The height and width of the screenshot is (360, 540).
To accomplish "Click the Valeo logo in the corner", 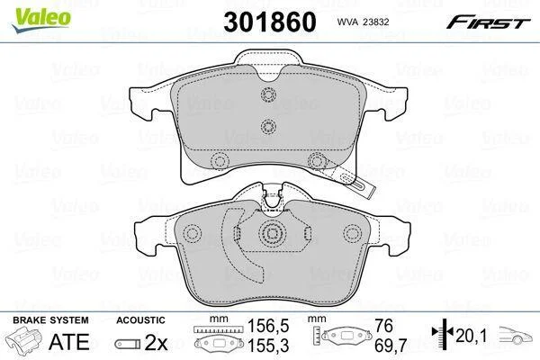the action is [41, 19].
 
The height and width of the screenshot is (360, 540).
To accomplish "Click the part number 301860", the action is [270, 22].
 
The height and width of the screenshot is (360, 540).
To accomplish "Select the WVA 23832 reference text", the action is [363, 22].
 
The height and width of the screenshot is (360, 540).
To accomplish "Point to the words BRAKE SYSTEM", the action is [50, 320].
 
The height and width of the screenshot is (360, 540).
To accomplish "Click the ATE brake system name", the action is [69, 341].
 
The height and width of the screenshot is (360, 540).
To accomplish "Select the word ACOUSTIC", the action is [141, 320].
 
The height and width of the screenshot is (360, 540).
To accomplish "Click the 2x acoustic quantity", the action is [156, 342].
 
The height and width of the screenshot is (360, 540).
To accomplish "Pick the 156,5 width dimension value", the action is [268, 326].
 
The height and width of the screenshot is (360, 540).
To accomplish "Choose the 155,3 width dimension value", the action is [268, 346].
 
